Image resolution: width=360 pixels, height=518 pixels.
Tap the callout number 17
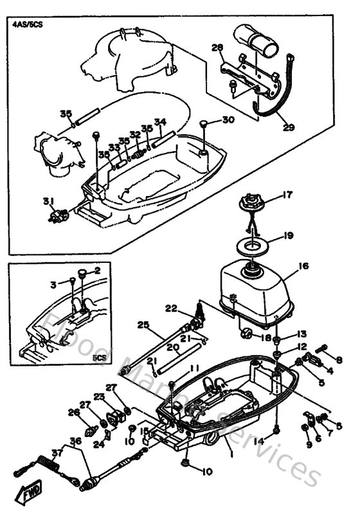(287, 194)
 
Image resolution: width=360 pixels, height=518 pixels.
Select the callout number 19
(288, 236)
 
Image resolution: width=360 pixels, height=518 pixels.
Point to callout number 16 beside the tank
(303, 265)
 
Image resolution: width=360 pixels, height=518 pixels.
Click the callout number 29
(288, 127)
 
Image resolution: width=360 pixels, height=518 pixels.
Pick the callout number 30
(228, 120)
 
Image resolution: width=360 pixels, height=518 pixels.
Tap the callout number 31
(47, 202)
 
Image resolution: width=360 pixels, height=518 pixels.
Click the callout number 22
(170, 308)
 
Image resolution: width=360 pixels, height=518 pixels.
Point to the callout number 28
(217, 47)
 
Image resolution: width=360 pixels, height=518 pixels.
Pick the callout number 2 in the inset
(98, 271)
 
